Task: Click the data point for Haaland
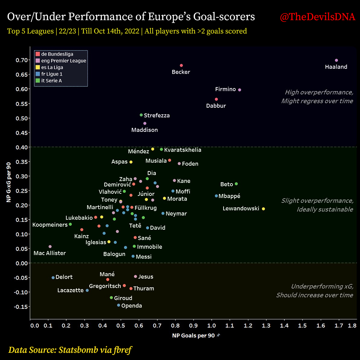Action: point(336,60)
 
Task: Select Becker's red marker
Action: point(181,66)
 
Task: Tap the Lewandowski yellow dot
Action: point(264,209)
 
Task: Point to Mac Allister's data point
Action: point(50,247)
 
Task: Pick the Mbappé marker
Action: point(216,196)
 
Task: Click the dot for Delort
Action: point(53,278)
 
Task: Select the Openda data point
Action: point(118,305)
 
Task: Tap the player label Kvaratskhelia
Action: point(183,150)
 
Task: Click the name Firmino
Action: point(225,89)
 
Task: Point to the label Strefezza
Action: point(157,116)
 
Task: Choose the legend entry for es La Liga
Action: point(52,67)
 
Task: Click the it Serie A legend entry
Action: point(51,81)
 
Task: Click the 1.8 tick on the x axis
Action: point(352,326)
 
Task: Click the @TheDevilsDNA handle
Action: point(318,17)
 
